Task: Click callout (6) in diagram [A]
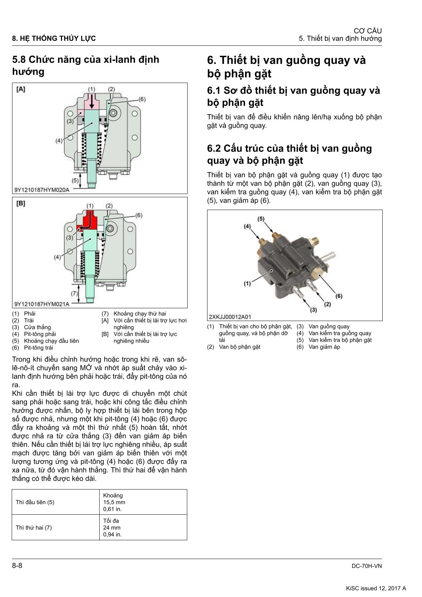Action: coord(142,99)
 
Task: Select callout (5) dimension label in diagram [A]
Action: coord(75,180)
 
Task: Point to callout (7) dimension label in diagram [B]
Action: coord(74,293)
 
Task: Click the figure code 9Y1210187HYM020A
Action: coord(41,190)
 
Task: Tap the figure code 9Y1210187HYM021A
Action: coord(41,304)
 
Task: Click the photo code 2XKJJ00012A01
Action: coord(230,317)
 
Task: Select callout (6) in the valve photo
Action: coord(339,296)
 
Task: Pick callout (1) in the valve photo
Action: coord(247,283)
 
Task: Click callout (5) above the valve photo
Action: coord(261,219)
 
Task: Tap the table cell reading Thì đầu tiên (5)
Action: coord(35,502)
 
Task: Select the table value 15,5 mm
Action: coord(114,502)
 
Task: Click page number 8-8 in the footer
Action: coord(17,565)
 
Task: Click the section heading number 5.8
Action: coord(19,60)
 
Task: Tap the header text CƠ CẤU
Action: coord(368,31)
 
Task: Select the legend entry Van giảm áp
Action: coord(324,347)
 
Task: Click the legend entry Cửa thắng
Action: coord(37,327)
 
